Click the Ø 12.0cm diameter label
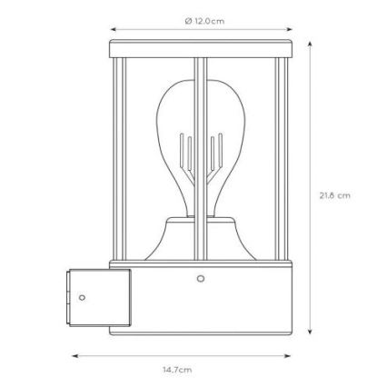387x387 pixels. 203,20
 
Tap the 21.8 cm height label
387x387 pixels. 334,194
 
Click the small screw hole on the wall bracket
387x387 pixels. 83,297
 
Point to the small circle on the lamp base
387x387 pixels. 201,279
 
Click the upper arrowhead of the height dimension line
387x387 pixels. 310,43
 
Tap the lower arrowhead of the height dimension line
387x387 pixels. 310,333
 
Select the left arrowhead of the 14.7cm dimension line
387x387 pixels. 74,356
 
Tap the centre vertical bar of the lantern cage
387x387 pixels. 201,154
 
